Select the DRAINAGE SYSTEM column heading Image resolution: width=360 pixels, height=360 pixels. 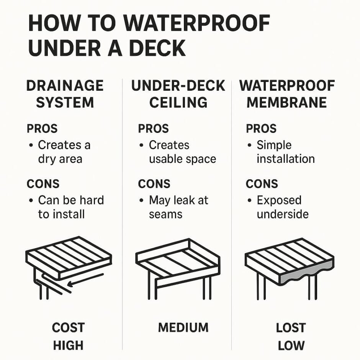tap(65, 94)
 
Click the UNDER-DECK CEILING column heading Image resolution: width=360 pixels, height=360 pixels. tap(178, 94)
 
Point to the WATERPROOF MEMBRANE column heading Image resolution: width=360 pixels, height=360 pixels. tap(287, 94)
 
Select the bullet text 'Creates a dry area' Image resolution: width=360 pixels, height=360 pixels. tap(64, 152)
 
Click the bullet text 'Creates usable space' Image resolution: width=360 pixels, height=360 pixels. tap(182, 152)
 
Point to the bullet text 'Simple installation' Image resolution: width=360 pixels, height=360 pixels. tap(285, 152)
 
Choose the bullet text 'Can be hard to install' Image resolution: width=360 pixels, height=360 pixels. tap(70, 207)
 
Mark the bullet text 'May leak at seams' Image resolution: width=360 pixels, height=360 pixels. tap(178, 207)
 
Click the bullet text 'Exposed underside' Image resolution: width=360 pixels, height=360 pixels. tap(282, 207)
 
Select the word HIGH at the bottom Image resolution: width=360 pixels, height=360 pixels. tap(68, 345)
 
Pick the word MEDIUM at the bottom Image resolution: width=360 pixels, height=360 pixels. tap(183, 328)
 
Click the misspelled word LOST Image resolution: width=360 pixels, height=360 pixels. tap(291, 328)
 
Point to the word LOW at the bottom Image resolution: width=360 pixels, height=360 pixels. tap(291, 345)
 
